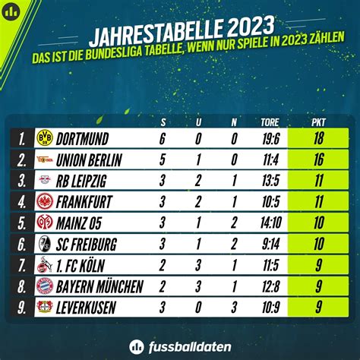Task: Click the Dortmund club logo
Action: coord(45,138)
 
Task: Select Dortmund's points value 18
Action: coord(319,138)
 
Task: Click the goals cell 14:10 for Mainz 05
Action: coord(270,223)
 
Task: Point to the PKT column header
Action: coord(319,121)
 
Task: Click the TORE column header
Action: coord(270,121)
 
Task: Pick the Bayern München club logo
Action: coord(45,286)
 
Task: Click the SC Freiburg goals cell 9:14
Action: coord(270,244)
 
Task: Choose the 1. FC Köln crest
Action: coord(45,265)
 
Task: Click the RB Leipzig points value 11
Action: coord(319,181)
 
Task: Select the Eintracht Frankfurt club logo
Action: coord(45,202)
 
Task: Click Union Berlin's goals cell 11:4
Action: coord(270,159)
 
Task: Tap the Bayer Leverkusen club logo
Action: coord(45,307)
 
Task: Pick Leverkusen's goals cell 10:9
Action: coord(270,307)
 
